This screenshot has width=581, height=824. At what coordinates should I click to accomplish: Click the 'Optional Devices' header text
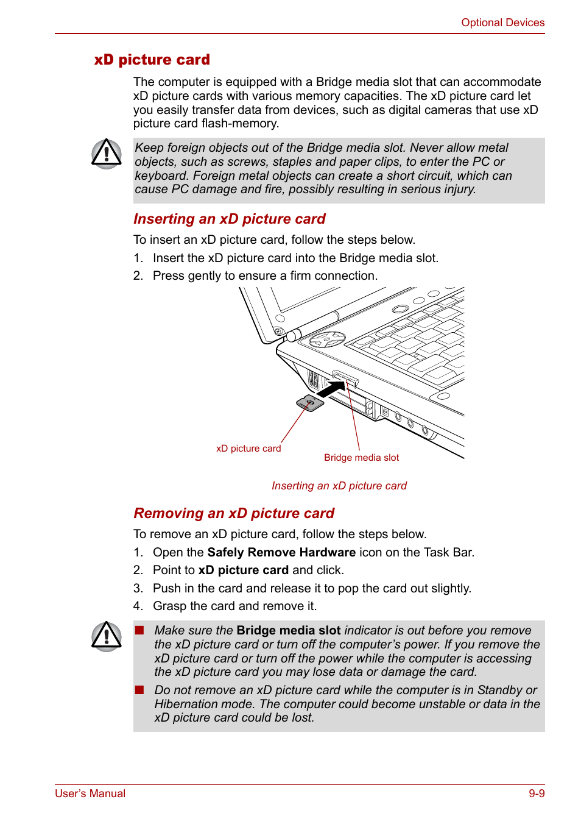click(x=502, y=23)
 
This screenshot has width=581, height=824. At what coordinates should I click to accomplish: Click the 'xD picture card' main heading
click(x=152, y=60)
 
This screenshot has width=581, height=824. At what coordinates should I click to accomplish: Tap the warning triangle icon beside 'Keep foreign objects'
click(x=107, y=154)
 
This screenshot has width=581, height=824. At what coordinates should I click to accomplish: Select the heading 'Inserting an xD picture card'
click(x=229, y=219)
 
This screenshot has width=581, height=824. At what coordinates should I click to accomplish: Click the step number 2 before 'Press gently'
click(x=138, y=276)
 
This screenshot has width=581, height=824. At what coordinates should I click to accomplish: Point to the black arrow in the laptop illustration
click(x=331, y=389)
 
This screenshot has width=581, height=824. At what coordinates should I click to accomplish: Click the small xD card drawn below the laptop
click(x=310, y=403)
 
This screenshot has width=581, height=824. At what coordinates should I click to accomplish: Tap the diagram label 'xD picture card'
click(x=248, y=449)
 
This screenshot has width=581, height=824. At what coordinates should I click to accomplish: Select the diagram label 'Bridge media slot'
click(x=361, y=458)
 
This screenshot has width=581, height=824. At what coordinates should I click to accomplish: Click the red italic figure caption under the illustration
click(x=339, y=486)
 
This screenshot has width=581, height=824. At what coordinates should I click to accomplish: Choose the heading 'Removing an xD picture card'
click(x=234, y=513)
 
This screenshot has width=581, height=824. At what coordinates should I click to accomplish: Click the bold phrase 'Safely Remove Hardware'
click(x=281, y=552)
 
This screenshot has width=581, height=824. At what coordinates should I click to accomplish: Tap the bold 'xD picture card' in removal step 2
click(x=243, y=570)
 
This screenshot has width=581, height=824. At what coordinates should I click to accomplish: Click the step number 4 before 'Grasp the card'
click(x=138, y=606)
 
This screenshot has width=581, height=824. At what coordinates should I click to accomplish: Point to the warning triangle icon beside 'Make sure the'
click(x=107, y=636)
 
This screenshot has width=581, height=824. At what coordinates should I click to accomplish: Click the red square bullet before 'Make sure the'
click(x=139, y=630)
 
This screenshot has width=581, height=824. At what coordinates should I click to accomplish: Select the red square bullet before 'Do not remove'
click(x=139, y=690)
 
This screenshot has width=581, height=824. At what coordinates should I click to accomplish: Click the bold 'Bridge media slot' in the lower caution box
click(x=288, y=630)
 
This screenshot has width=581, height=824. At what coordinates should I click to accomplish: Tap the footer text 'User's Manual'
click(x=90, y=794)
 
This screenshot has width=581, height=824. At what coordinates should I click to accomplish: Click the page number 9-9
click(x=537, y=794)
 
